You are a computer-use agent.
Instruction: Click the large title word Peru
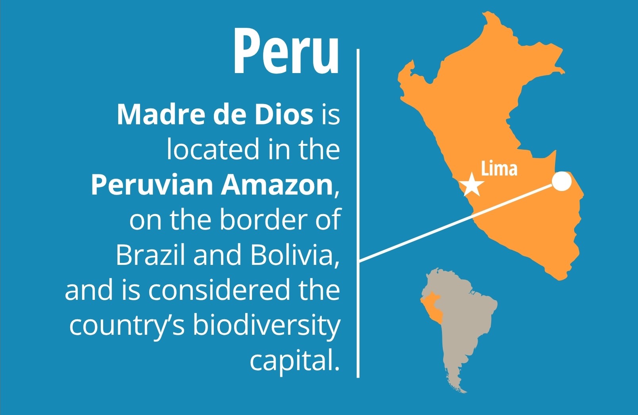[x=286, y=52]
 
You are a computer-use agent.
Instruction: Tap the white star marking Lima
[x=472, y=184]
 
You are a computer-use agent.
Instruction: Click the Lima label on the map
[x=499, y=168]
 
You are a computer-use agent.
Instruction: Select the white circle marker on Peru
[x=561, y=181]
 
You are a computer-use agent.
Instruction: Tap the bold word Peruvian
[x=152, y=185]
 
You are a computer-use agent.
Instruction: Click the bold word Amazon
[x=277, y=185]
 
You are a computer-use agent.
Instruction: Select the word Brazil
[x=150, y=255]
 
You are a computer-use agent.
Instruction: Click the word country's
[x=127, y=326]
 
